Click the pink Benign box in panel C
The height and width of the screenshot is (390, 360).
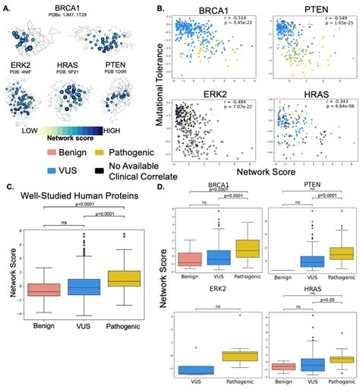[x=43, y=290]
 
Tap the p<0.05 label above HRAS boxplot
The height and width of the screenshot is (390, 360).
[x=325, y=322]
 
